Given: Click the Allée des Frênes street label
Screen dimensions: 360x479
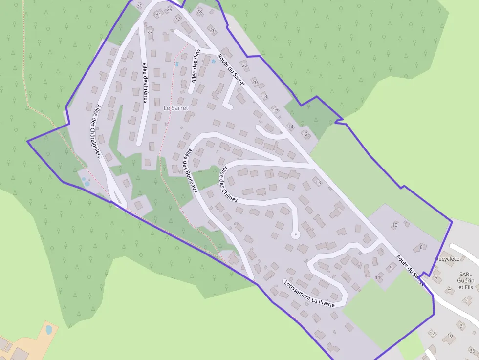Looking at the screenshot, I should coord(145,82).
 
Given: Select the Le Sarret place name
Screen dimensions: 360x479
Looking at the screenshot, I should coord(175,107).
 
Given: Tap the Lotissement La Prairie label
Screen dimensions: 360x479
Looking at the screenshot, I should coord(309,293).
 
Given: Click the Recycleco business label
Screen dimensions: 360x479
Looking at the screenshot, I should coord(448,258).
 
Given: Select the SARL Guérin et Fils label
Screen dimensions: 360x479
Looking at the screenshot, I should coord(465,281).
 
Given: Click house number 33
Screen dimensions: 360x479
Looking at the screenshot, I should coord(150,33).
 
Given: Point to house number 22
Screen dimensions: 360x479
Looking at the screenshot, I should coord(245,65).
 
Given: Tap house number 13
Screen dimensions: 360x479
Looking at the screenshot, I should coord(319,183).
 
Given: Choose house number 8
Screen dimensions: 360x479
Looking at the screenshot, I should coord(421,247).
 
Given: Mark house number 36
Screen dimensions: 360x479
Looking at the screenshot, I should coord(472,351).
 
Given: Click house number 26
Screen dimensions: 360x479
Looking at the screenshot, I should coord(213,30).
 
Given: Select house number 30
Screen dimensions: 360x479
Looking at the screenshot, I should coord(140,6).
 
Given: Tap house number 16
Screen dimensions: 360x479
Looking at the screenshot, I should coord(275,110).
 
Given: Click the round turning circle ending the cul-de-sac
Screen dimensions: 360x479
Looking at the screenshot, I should coord(295,235).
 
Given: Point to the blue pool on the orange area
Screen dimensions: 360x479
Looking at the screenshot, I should coord(49,330).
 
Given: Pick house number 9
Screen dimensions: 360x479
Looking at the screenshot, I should coord(391,268).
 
